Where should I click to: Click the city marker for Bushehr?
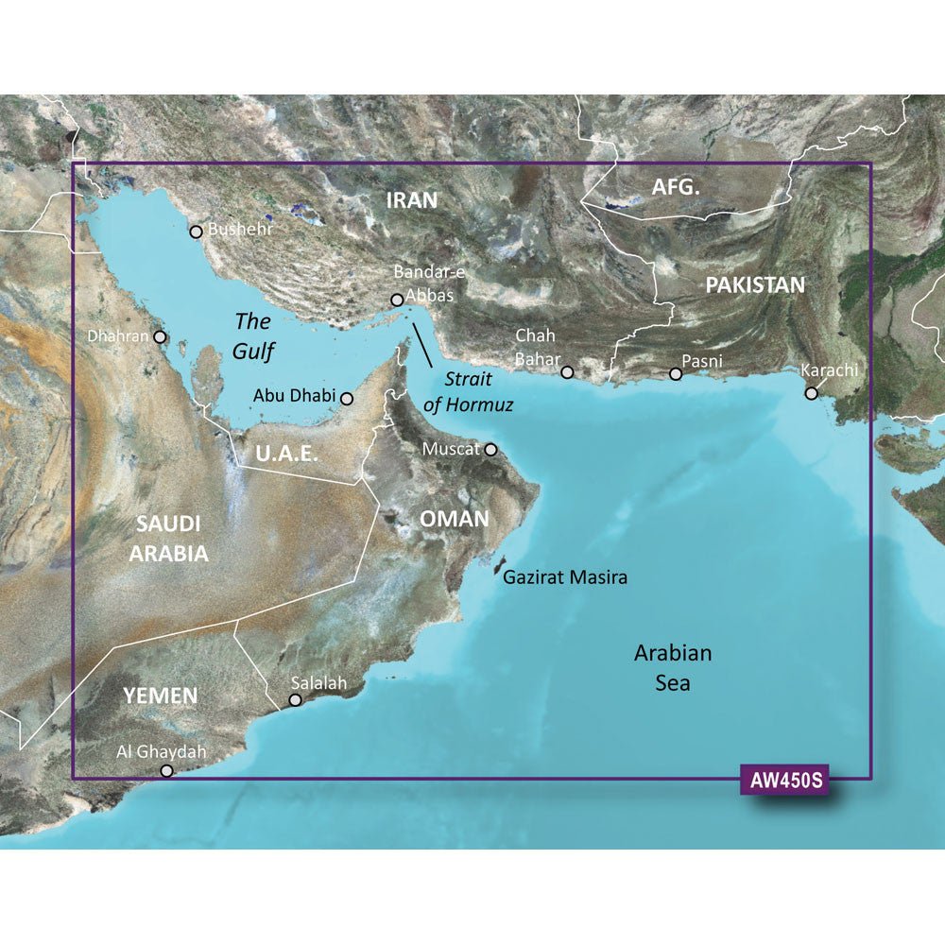click(196, 232)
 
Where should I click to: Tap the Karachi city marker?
click(811, 393)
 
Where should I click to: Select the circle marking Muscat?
click(490, 450)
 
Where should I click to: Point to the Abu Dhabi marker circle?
click(347, 399)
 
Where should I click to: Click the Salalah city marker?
click(295, 700)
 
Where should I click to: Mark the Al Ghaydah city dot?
click(167, 771)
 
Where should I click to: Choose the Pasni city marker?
click(676, 374)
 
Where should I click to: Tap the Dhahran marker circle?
click(161, 336)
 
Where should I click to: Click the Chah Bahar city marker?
click(567, 372)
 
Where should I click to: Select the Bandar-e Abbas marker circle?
click(397, 301)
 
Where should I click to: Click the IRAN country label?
click(412, 199)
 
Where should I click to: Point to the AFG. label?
click(677, 188)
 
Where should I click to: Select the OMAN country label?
click(455, 519)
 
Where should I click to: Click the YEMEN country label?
click(160, 696)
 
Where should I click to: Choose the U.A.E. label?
click(286, 455)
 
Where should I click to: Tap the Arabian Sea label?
click(673, 667)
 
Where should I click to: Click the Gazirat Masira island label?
click(565, 576)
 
